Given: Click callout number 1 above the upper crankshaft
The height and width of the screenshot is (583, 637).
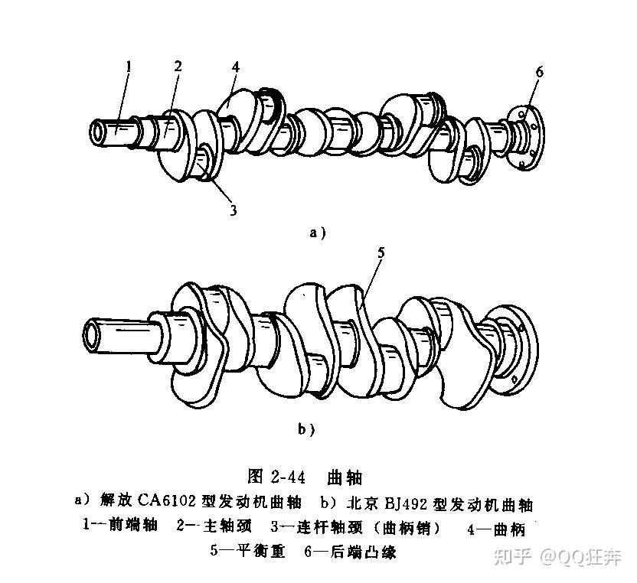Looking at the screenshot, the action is [x=129, y=67].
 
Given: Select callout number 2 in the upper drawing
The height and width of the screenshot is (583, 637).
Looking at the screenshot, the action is [x=178, y=67].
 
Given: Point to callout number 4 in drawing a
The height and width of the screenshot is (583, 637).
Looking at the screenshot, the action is [x=236, y=67].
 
